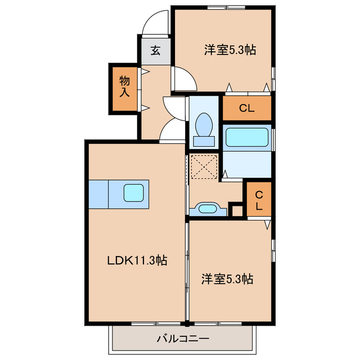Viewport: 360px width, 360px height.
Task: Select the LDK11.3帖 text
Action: (137, 260)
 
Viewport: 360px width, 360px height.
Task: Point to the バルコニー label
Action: (182, 339)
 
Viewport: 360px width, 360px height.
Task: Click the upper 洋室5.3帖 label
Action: (229, 50)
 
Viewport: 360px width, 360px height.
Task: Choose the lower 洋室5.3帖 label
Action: (227, 278)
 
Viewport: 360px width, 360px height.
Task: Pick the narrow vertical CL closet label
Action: (259, 200)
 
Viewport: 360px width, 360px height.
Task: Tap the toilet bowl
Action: (203, 122)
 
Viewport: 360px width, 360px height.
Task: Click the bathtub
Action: (246, 138)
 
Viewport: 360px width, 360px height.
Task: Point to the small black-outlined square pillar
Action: (237, 211)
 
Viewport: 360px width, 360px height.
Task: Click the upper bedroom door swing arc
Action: (184, 79)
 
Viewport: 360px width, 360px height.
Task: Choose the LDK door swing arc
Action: (172, 132)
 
